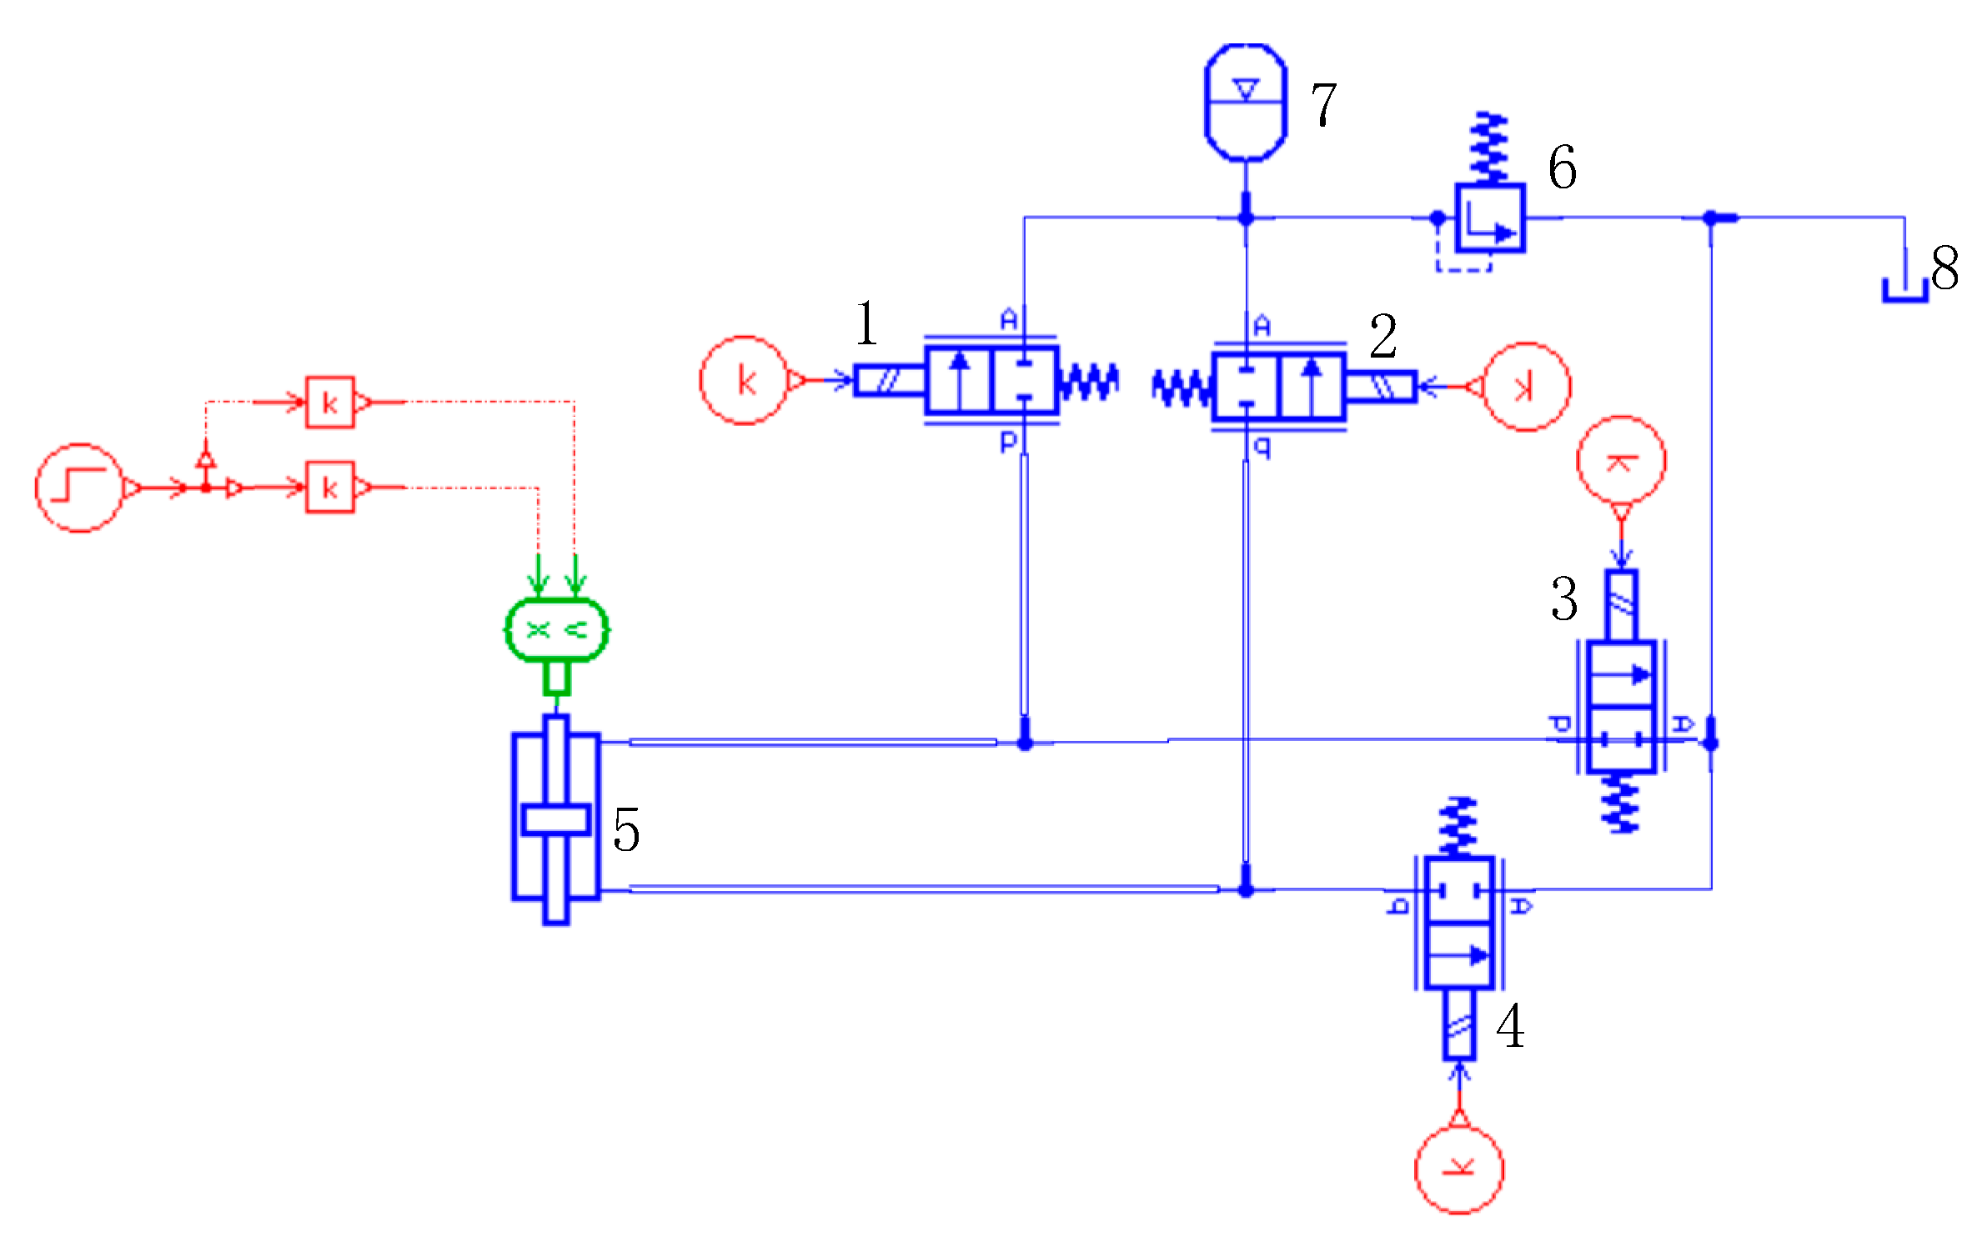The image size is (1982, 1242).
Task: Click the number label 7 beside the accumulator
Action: pyautogui.click(x=1324, y=104)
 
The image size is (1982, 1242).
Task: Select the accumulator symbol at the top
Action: pyautogui.click(x=1246, y=102)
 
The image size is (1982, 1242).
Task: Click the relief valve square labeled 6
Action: pyautogui.click(x=1490, y=218)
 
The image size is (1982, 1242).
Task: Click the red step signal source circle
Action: pyautogui.click(x=79, y=488)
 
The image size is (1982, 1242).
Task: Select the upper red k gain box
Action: pyautogui.click(x=329, y=403)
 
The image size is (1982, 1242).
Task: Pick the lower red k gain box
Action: pyautogui.click(x=329, y=488)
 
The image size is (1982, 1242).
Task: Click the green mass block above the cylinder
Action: pyautogui.click(x=557, y=630)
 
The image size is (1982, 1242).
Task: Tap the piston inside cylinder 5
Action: pyautogui.click(x=556, y=819)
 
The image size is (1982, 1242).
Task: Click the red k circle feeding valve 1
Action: pyautogui.click(x=744, y=381)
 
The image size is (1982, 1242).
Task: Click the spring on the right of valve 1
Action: pyautogui.click(x=1088, y=383)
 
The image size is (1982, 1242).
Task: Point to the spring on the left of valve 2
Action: pyautogui.click(x=1182, y=388)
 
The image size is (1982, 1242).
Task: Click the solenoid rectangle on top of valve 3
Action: pyautogui.click(x=1621, y=606)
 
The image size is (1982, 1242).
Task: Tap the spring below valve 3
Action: pyautogui.click(x=1620, y=803)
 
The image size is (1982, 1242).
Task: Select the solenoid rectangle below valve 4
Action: pyautogui.click(x=1459, y=1024)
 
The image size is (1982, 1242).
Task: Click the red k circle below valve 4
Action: pyautogui.click(x=1459, y=1169)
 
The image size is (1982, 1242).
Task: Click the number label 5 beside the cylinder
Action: pyautogui.click(x=626, y=830)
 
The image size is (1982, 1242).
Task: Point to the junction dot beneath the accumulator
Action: pyautogui.click(x=1246, y=218)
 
